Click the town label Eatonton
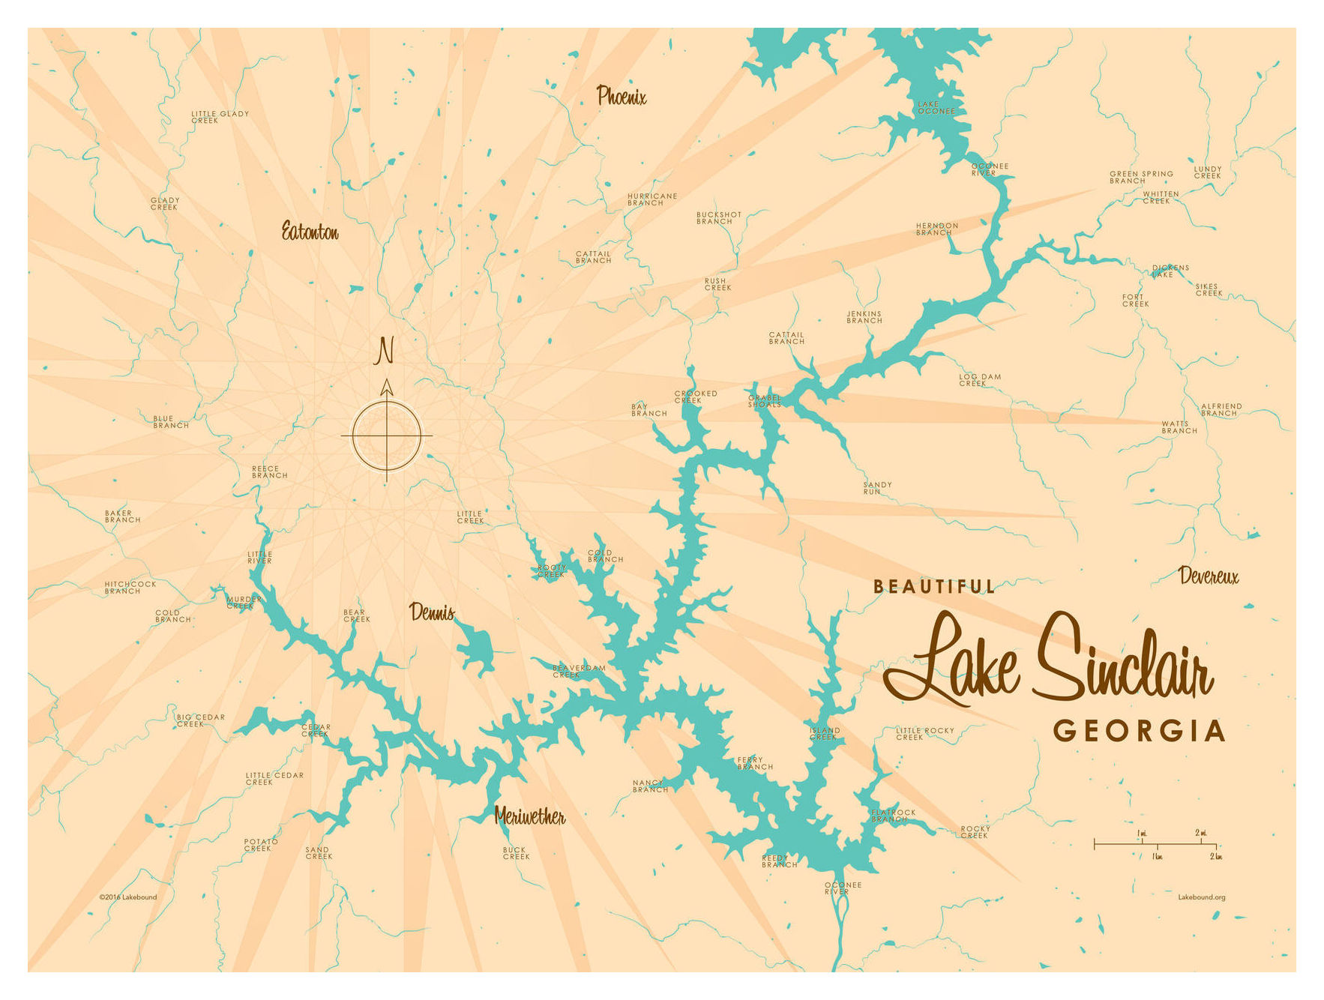[310, 232]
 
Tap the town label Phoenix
[621, 96]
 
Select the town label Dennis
[432, 612]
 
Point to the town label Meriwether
[529, 816]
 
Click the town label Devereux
[1208, 576]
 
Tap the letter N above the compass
[385, 351]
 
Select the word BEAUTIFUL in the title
[934, 587]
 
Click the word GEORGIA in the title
[1139, 731]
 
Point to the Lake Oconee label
[936, 108]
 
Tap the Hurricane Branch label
[652, 199]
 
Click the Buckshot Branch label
[718, 218]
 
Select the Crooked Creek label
[695, 397]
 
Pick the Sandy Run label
[876, 488]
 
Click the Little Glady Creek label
[219, 117]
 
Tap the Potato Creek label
[260, 845]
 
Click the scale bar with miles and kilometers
[1155, 844]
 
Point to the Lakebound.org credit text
[1201, 897]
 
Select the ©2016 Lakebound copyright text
[127, 897]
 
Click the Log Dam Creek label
[979, 380]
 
